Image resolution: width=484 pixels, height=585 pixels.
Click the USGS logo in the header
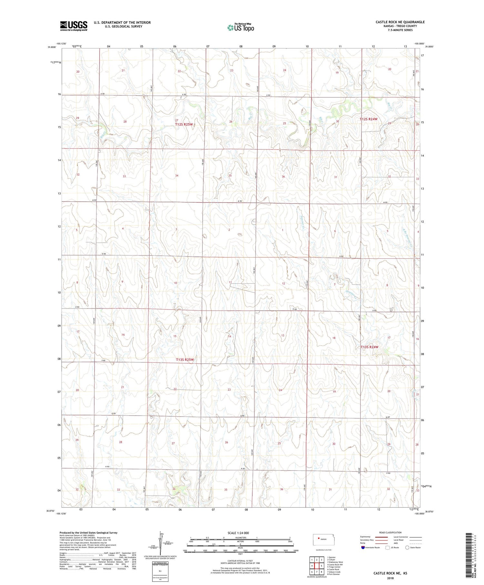coord(74,26)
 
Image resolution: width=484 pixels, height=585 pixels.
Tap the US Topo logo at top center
coord(241,28)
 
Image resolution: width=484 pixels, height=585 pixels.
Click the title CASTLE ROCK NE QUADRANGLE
coord(400,22)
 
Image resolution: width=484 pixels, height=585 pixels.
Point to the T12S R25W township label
coord(184,124)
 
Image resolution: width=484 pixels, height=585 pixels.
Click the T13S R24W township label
coord(369,347)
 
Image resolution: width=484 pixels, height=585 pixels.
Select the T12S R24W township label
coord(368,119)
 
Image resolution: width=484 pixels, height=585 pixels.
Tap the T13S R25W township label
coord(185,359)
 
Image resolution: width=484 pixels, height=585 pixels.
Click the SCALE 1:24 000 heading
coord(238,533)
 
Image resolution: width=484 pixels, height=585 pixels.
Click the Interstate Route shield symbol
coord(363,547)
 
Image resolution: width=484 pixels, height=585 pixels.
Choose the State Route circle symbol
coord(407,547)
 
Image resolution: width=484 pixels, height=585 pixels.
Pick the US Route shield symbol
coord(387,547)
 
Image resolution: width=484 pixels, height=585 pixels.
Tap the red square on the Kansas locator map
coord(318,538)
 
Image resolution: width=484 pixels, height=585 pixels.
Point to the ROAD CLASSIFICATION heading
coord(390,532)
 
